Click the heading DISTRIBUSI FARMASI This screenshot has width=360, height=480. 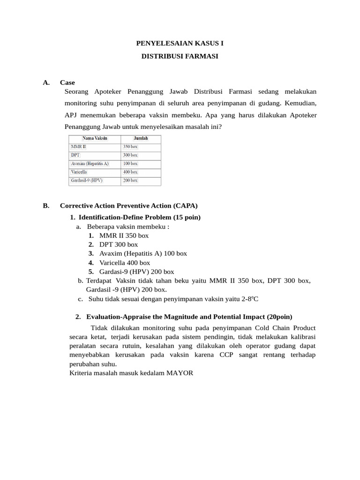[x=180, y=56]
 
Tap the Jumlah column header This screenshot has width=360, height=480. [x=141, y=139]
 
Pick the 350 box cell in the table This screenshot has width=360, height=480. [x=130, y=147]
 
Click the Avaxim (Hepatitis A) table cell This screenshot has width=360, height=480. [x=90, y=164]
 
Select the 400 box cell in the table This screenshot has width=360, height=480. [x=130, y=172]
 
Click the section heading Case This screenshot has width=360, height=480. [x=67, y=82]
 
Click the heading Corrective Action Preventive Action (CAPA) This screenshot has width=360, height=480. [x=129, y=205]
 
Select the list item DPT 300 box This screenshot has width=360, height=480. [x=119, y=244]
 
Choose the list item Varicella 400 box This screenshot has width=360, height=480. [x=125, y=262]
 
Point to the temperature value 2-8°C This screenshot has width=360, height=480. [x=250, y=299]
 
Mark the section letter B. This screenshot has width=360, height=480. [x=45, y=205]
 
